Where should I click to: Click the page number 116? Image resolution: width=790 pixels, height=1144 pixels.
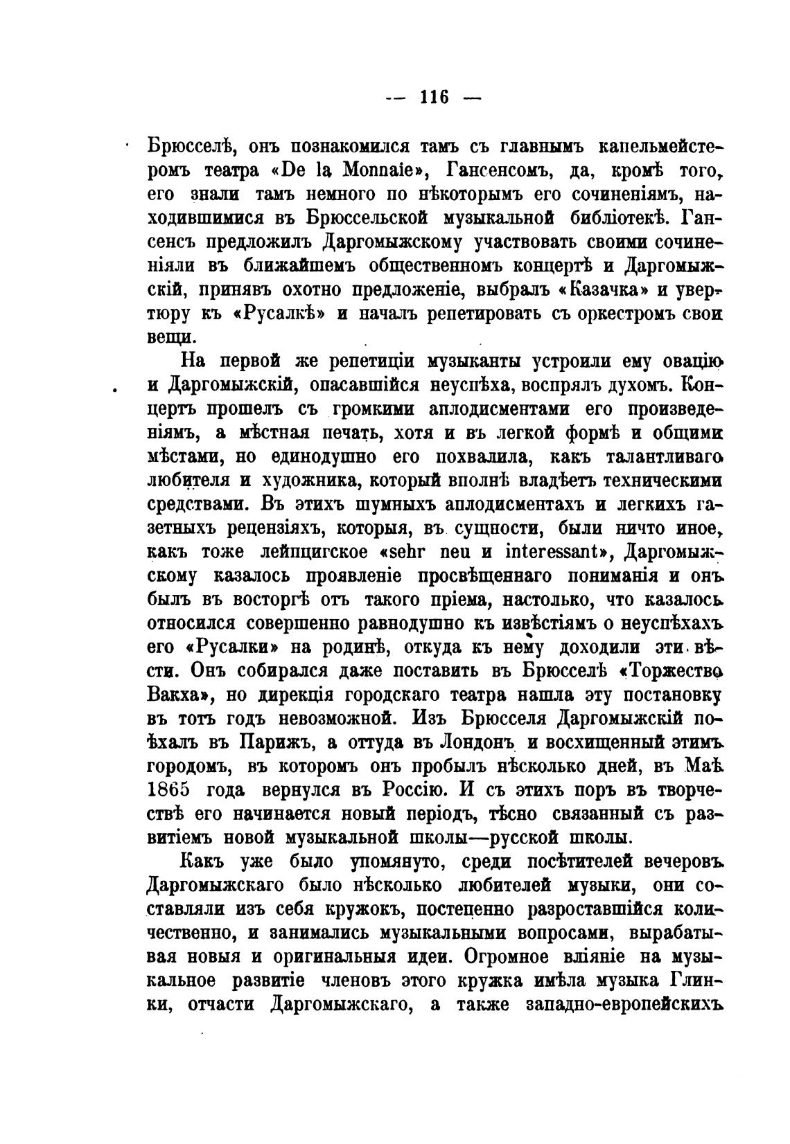[x=434, y=97]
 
